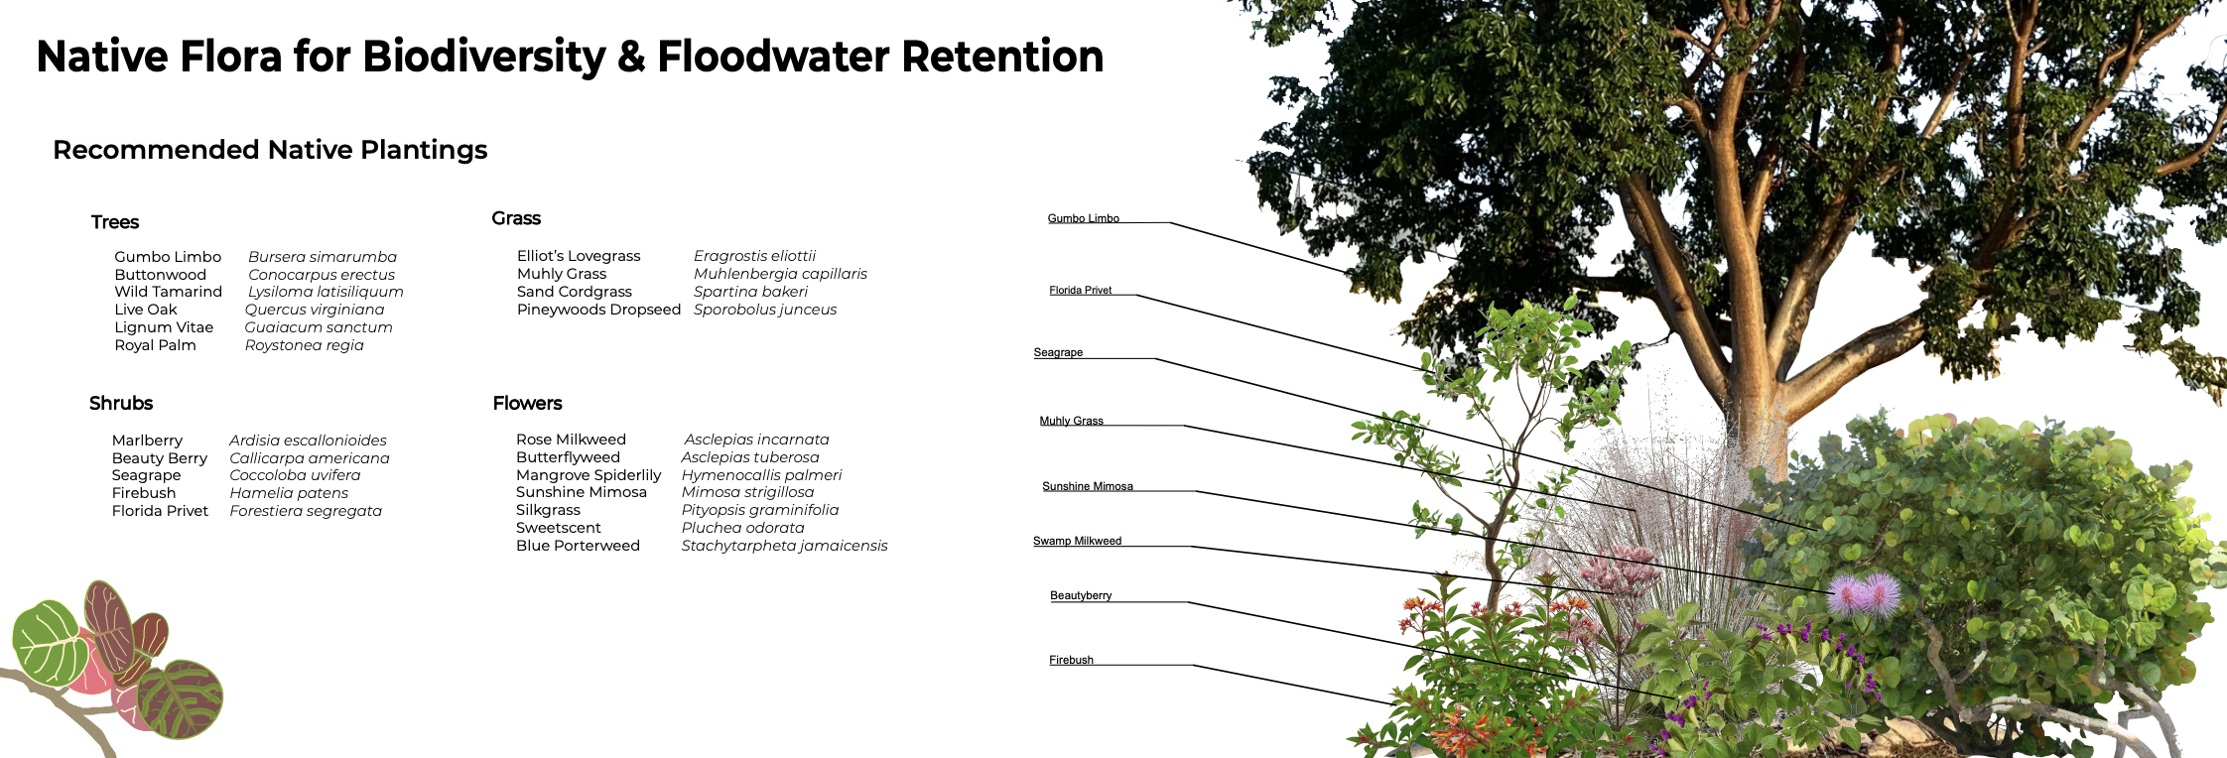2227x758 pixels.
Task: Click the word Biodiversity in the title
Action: coord(483,57)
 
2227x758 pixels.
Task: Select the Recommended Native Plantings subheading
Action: coord(270,150)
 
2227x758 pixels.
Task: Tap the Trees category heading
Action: coord(115,222)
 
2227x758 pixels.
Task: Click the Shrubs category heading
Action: coord(121,403)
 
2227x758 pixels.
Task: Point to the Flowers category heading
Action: coord(527,403)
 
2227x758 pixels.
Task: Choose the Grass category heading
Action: coord(516,218)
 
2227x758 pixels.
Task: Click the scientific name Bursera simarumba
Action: coord(323,257)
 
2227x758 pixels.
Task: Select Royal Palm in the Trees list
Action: coord(155,345)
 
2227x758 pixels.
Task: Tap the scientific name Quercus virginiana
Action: coord(315,310)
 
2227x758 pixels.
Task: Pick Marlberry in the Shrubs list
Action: coord(147,441)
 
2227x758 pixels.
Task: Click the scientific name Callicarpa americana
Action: coord(310,458)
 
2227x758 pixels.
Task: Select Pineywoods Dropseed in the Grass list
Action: coord(598,310)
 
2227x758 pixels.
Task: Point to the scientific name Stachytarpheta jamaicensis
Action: coord(784,546)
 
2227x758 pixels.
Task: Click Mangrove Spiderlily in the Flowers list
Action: coord(589,475)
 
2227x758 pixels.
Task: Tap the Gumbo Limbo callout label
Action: coord(1083,218)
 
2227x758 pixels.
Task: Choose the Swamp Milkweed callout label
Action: coord(1077,541)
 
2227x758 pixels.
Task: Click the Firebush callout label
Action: coord(1071,660)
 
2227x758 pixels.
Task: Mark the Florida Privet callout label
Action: coord(1080,291)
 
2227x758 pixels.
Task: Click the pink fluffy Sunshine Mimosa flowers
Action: coord(1864,593)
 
